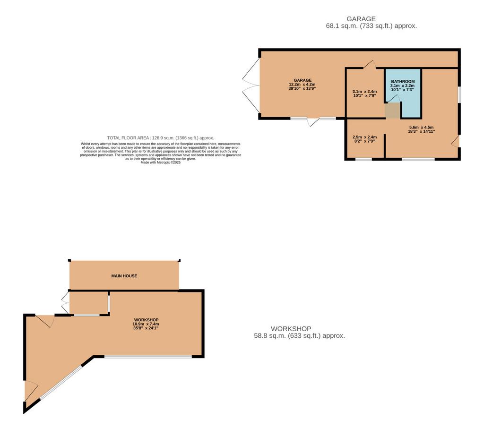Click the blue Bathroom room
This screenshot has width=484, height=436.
[403, 93]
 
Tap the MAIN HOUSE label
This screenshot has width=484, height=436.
[124, 276]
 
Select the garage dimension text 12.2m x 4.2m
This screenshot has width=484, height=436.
[302, 84]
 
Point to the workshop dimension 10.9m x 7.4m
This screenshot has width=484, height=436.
[146, 324]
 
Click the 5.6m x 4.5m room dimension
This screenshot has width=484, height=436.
[421, 127]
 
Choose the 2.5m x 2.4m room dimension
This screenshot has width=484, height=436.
[364, 137]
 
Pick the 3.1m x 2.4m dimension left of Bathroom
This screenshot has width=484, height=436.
[364, 91]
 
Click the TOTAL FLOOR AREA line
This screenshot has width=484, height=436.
[161, 138]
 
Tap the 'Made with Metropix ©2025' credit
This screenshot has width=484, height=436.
[161, 162]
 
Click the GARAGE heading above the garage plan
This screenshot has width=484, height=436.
[361, 19]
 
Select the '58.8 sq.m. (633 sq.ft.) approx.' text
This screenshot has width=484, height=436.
[299, 336]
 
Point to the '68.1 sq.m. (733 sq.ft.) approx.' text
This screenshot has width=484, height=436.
[372, 26]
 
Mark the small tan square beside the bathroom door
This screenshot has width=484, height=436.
[393, 111]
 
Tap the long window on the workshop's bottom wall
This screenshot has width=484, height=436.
[148, 357]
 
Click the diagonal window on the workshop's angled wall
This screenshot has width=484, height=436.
[61, 383]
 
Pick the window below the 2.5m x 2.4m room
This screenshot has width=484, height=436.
[363, 159]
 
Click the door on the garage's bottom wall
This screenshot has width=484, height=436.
[313, 122]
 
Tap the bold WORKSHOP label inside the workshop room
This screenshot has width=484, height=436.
[146, 320]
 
